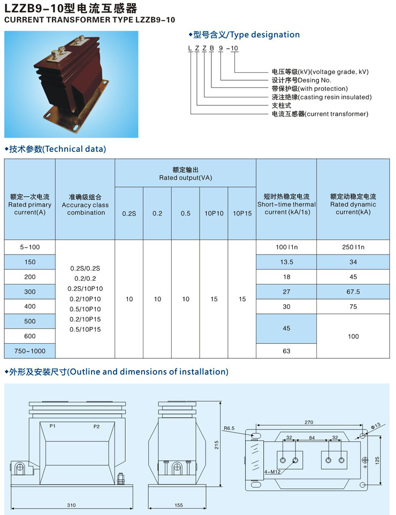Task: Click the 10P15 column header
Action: (x=242, y=213)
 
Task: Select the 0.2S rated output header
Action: (x=129, y=214)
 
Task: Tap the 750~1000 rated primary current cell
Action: (x=30, y=351)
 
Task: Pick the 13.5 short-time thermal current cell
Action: (x=287, y=262)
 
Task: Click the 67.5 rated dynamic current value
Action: (x=353, y=291)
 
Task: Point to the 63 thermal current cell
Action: (x=287, y=351)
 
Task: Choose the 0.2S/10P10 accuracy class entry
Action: (x=85, y=289)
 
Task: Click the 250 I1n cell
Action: (x=353, y=247)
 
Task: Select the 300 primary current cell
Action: (x=30, y=291)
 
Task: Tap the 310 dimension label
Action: (x=71, y=505)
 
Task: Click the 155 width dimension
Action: (x=179, y=505)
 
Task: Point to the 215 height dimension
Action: (x=217, y=445)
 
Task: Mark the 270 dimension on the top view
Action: (x=309, y=422)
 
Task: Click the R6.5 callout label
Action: (x=229, y=428)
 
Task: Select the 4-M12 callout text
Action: (x=272, y=472)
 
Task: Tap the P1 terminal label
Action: (x=52, y=426)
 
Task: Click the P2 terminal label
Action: (x=96, y=427)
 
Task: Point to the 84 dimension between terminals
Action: (x=312, y=437)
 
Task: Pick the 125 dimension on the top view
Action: (x=377, y=460)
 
